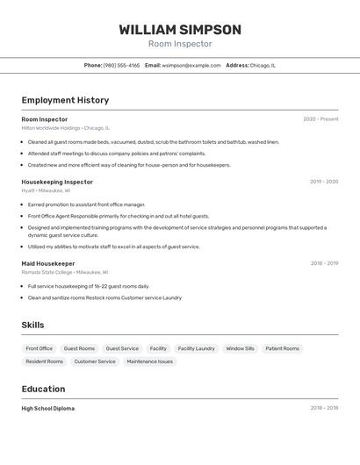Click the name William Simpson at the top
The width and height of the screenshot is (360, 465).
pos(180,30)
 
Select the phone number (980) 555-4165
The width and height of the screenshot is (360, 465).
pos(121,66)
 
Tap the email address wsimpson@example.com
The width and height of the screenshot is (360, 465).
pos(191,66)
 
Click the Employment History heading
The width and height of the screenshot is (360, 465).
pos(65,101)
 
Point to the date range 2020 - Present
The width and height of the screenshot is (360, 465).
pos(320,119)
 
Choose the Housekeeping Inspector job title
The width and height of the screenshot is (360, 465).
pos(57,182)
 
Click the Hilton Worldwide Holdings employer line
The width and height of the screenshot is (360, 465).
pos(66,128)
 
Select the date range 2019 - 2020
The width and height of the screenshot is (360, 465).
pos(324,182)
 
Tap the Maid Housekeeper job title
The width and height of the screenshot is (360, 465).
pos(48,263)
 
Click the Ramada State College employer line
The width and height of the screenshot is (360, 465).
pos(64,272)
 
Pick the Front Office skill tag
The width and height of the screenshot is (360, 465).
pos(40,348)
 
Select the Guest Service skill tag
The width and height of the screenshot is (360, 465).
pos(122,348)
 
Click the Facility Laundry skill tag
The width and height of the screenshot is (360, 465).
pos(196,348)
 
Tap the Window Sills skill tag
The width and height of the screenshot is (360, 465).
pos(240,348)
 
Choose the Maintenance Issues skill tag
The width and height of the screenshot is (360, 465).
pos(149,361)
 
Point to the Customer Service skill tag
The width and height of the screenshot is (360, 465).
pos(95,361)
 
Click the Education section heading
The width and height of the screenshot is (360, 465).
pos(43,390)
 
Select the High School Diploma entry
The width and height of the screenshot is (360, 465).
pos(48,408)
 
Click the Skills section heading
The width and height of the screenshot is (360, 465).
pos(32,325)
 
